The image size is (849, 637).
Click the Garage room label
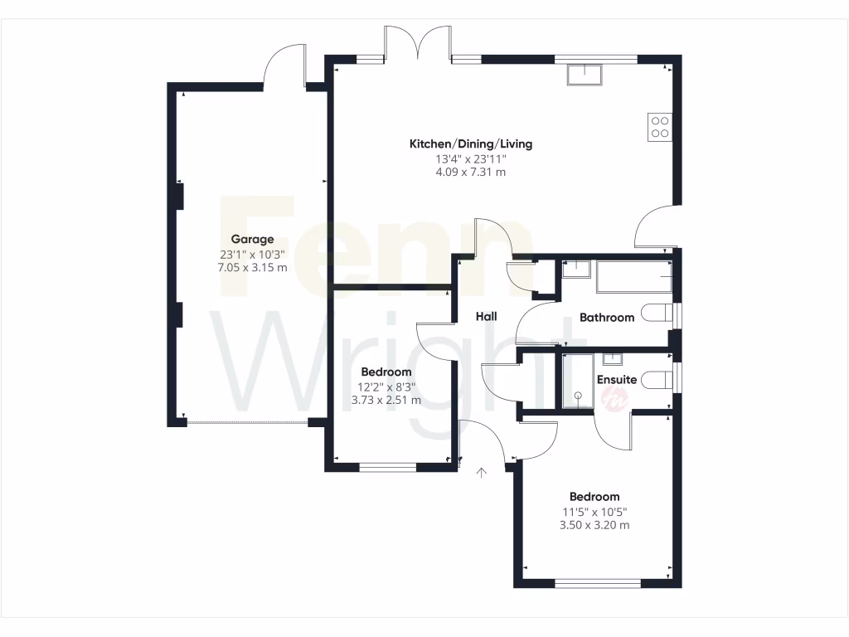click(x=252, y=240)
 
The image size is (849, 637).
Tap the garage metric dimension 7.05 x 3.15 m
click(x=252, y=268)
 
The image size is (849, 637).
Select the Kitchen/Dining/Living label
click(x=470, y=144)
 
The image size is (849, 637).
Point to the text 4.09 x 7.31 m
click(x=470, y=173)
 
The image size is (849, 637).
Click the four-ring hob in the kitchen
click(x=660, y=126)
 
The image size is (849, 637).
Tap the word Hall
click(x=486, y=317)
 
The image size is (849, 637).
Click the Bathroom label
click(x=606, y=318)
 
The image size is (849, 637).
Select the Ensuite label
click(x=617, y=380)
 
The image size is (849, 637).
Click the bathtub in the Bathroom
click(x=633, y=276)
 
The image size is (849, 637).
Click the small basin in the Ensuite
click(x=613, y=359)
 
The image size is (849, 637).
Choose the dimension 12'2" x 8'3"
click(x=386, y=387)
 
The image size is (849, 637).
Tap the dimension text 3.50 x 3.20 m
click(x=594, y=525)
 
